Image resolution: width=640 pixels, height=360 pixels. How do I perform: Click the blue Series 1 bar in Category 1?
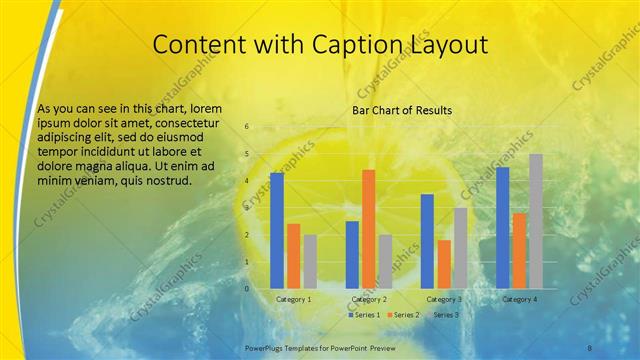click(x=277, y=231)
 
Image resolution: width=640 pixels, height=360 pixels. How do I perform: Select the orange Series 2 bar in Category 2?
click(x=368, y=229)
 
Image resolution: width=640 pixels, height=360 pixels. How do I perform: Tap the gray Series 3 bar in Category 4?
click(x=536, y=221)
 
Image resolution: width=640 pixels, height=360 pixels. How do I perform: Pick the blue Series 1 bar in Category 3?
click(x=427, y=241)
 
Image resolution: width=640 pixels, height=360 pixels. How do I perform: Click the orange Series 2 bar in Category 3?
click(x=444, y=264)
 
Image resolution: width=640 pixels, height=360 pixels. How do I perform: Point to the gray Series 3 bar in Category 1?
click(x=310, y=262)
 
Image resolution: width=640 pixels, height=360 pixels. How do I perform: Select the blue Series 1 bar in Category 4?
click(x=502, y=228)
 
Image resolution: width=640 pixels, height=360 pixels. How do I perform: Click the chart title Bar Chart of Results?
click(x=402, y=110)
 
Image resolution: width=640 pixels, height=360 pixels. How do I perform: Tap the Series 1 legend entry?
click(x=363, y=315)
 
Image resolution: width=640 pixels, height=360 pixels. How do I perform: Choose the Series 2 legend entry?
click(x=403, y=315)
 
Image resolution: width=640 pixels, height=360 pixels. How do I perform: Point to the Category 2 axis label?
click(x=369, y=299)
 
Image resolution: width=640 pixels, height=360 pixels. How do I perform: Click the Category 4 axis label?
click(x=519, y=299)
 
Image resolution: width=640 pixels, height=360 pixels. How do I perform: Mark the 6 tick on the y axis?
click(x=246, y=127)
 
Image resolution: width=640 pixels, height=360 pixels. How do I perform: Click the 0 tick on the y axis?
click(x=246, y=289)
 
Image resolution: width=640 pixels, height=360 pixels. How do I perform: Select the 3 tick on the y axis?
click(x=246, y=208)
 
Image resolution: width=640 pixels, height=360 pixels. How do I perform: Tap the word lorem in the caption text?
click(x=201, y=108)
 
